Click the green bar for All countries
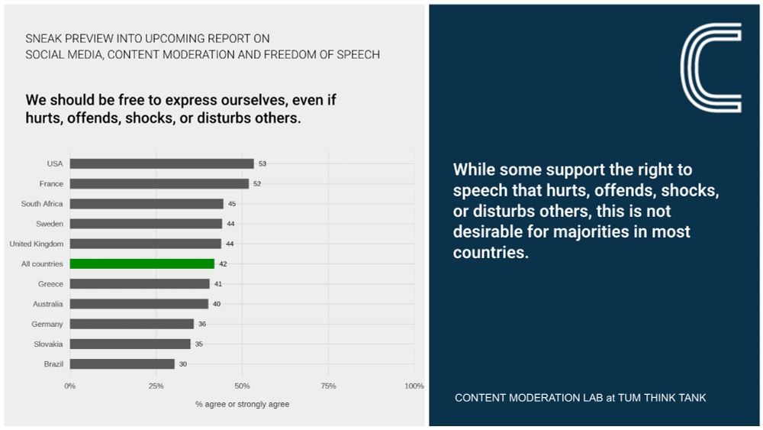[142, 263]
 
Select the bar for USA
[162, 163]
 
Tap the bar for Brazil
[122, 364]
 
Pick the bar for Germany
[132, 324]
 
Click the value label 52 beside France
[257, 184]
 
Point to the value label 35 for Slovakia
[198, 344]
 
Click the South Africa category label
[42, 204]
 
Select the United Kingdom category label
[36, 244]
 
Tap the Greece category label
[50, 284]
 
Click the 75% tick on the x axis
[328, 386]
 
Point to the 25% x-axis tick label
[156, 386]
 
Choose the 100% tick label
[414, 386]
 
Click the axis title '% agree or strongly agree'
[242, 404]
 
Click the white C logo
[710, 67]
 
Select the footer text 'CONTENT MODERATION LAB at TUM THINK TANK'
[581, 398]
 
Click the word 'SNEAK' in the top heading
[45, 38]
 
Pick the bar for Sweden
[146, 224]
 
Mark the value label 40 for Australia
[217, 304]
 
